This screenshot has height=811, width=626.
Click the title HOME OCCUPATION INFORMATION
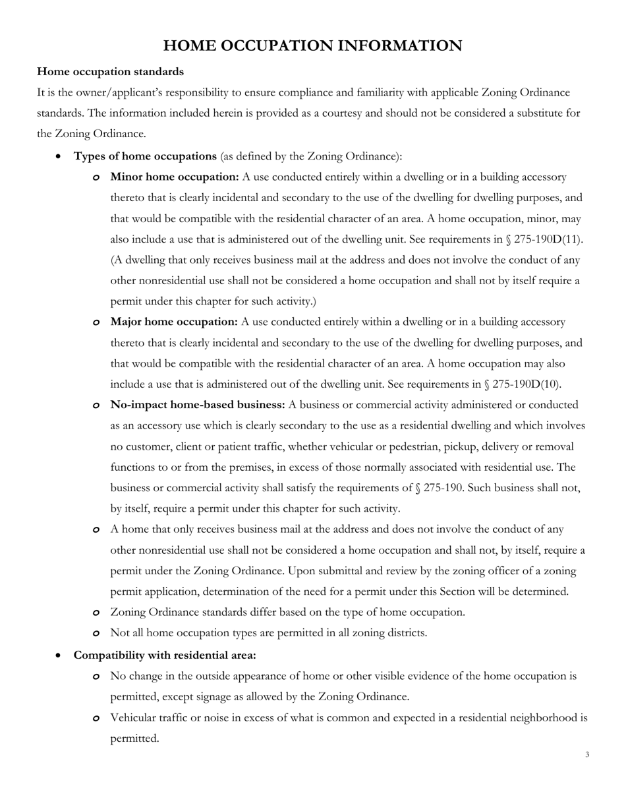[312, 45]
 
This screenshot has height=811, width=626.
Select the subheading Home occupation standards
[110, 71]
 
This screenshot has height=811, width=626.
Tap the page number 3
[587, 754]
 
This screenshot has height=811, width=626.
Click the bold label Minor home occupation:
[175, 177]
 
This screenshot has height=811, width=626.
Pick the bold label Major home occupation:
[174, 322]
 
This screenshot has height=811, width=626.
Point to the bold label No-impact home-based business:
[198, 405]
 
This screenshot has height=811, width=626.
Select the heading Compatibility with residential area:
[165, 655]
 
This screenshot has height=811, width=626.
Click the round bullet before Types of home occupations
[60, 157]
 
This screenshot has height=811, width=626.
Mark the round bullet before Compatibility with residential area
[60, 655]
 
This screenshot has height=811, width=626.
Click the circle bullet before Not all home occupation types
[96, 634]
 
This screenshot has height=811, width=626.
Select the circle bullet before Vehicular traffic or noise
[96, 718]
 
